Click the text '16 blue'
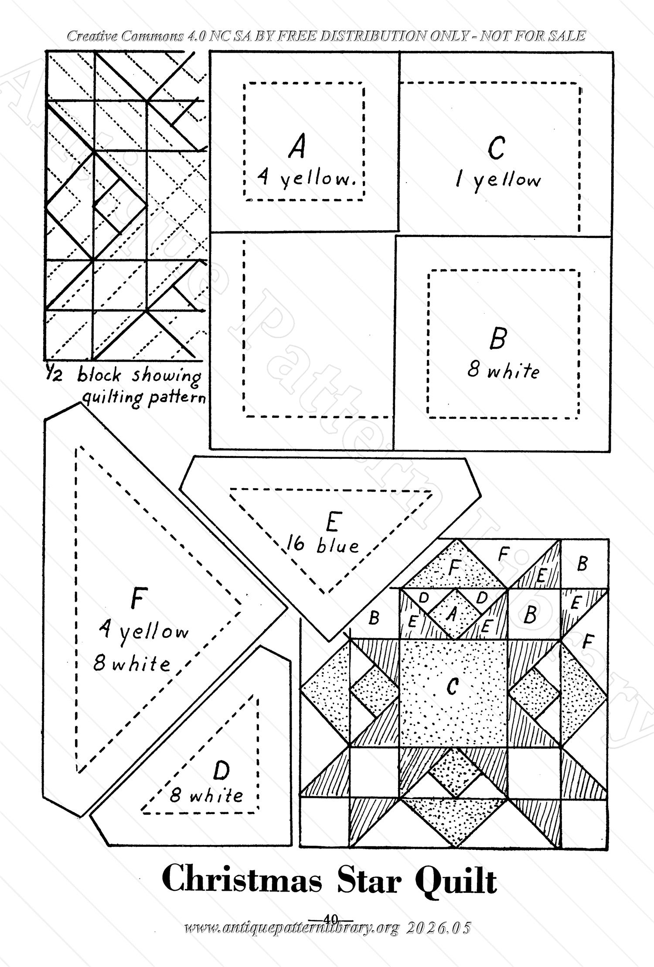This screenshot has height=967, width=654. point(323,545)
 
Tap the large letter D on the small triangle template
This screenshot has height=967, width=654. point(221,771)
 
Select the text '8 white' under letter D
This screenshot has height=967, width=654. point(206,796)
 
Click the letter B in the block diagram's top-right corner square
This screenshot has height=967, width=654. point(582,565)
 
